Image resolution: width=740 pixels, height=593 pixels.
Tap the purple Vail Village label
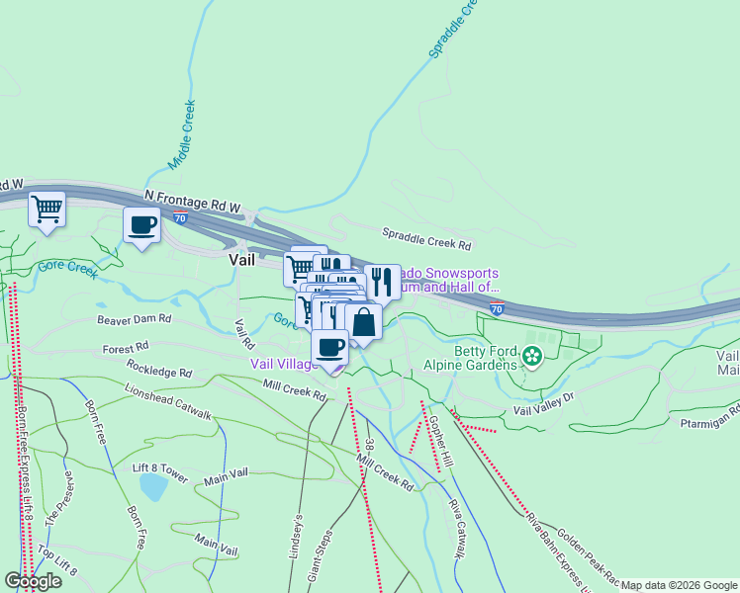284,364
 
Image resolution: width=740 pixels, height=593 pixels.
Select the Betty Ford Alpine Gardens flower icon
533,356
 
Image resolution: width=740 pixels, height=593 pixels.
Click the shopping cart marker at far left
46,210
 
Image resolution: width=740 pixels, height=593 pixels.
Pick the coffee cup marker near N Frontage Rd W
141,225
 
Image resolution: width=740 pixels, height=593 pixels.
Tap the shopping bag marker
364,322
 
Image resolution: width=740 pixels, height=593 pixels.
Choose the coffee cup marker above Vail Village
330,347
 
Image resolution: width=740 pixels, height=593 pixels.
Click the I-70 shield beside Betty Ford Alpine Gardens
497,308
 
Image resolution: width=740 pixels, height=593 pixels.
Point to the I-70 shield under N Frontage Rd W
180,216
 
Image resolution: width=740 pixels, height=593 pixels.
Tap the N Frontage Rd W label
192,202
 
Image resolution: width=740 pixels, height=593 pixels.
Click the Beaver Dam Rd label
134,320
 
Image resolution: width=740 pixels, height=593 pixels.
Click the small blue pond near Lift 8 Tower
153,486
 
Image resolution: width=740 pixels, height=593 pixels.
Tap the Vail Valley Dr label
543,404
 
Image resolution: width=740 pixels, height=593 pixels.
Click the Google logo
33,581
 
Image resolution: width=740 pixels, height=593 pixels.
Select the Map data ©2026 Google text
679,585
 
